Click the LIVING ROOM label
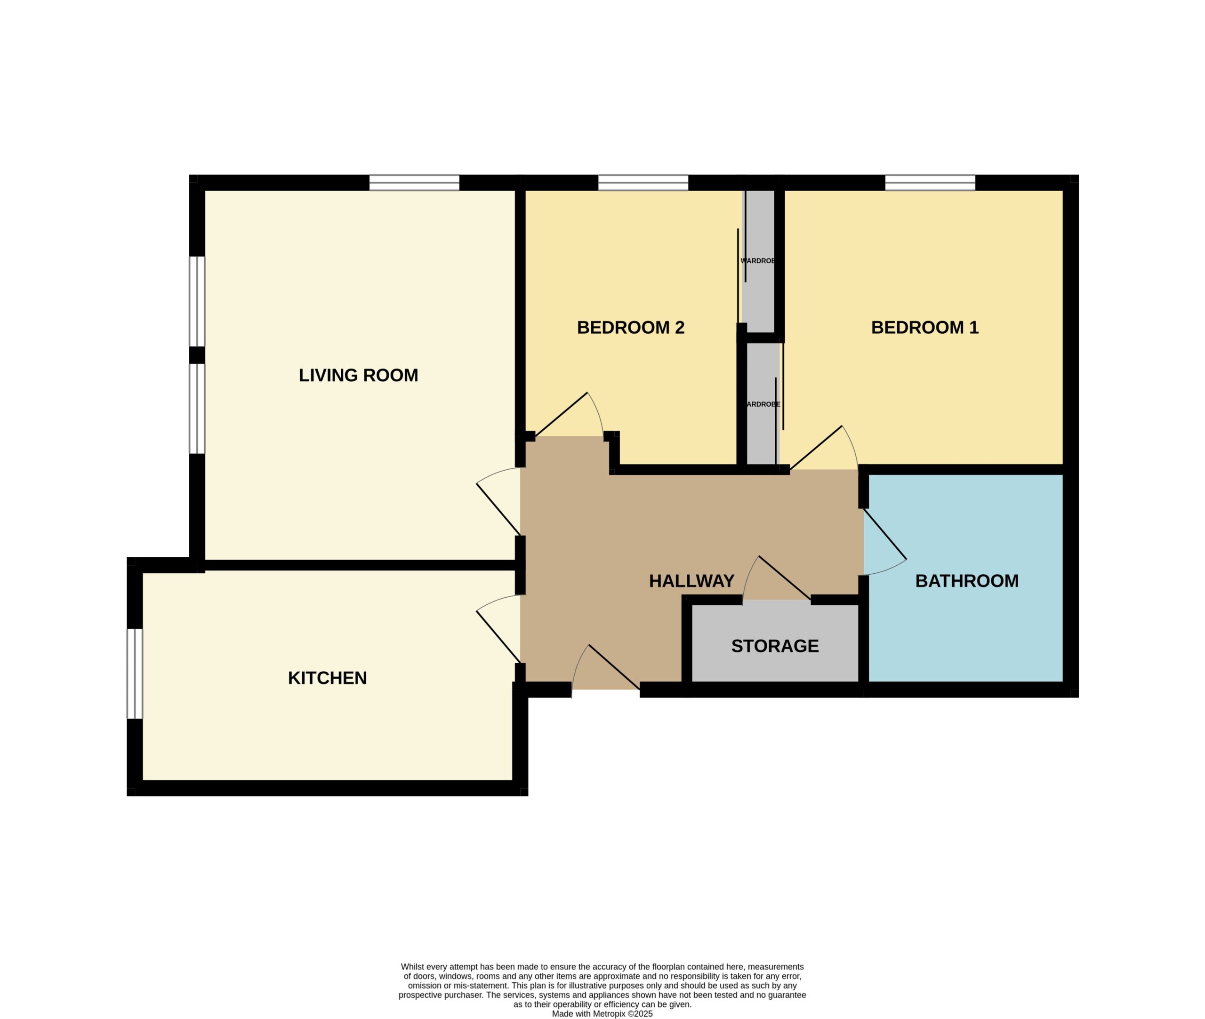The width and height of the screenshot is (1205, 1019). pyautogui.click(x=358, y=376)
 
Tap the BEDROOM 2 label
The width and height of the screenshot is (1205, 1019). pyautogui.click(x=630, y=328)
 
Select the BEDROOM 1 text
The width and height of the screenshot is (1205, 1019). pyautogui.click(x=924, y=328)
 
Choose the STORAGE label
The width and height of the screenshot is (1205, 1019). pyautogui.click(x=775, y=646)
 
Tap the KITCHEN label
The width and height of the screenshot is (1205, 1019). pyautogui.click(x=327, y=678)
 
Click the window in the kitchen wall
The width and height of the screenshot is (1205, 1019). pyautogui.click(x=135, y=674)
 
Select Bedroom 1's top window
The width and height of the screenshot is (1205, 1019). pyautogui.click(x=930, y=183)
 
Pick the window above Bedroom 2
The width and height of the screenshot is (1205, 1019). pyautogui.click(x=643, y=183)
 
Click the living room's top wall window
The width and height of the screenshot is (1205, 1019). pyautogui.click(x=414, y=183)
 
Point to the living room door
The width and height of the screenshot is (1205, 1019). pyautogui.click(x=498, y=501)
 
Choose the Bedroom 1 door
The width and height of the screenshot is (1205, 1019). pyautogui.click(x=824, y=448)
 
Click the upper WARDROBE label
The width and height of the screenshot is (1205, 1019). pyautogui.click(x=758, y=261)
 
